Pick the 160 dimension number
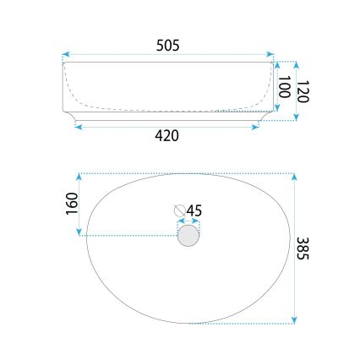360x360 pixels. point(72,203)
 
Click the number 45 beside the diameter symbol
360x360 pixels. point(194,209)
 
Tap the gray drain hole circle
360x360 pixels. point(188,234)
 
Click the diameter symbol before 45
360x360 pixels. point(179,209)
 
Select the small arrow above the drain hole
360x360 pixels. point(188,220)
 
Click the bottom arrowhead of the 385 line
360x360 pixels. point(294,319)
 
